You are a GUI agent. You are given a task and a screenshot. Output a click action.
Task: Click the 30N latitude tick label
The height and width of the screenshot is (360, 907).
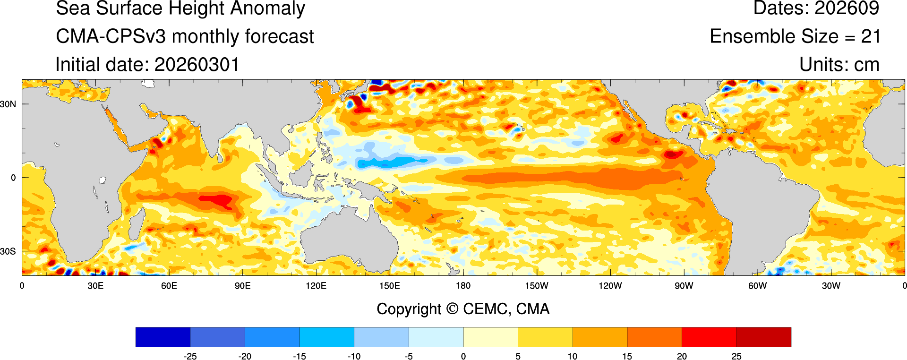[x=8, y=104]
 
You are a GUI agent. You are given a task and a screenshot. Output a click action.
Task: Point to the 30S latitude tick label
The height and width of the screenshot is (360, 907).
[x=8, y=251]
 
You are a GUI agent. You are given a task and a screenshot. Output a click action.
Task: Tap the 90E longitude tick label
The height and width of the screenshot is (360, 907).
[x=242, y=286]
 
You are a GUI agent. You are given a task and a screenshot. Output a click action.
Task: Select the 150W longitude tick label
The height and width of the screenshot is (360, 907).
[x=537, y=286]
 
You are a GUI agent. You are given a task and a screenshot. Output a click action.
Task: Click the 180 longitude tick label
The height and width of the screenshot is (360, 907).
[x=463, y=286]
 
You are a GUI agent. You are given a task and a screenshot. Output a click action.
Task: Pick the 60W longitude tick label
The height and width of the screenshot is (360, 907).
[x=757, y=286]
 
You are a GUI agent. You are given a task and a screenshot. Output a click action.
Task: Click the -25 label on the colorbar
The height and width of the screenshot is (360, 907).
[x=190, y=356]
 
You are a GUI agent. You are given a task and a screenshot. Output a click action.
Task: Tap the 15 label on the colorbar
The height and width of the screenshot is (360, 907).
[x=627, y=356]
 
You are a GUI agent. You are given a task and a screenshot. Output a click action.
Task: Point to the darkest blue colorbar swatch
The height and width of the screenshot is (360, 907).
[x=163, y=337]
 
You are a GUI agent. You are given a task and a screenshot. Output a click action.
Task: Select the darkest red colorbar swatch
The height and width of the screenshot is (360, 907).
[x=763, y=337]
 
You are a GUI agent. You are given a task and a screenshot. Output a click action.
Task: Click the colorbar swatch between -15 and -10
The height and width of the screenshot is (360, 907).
[x=326, y=337]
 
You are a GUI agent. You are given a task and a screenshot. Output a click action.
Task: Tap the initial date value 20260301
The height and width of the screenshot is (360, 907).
[x=197, y=65]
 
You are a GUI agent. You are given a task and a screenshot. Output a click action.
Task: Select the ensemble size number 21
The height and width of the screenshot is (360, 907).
[x=871, y=36]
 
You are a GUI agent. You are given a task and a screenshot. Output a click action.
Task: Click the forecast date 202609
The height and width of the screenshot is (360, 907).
[x=847, y=8]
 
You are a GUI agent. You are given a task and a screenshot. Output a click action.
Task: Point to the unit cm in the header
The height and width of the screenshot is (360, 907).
[x=866, y=65]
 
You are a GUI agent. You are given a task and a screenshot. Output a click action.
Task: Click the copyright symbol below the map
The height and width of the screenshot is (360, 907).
[x=452, y=309]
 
